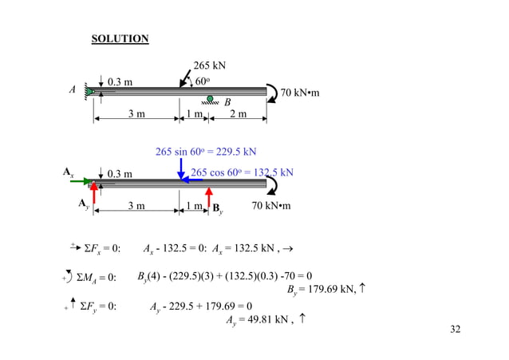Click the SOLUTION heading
[120, 38]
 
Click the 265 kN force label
[211, 66]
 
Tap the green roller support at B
[210, 99]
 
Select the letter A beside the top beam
[72, 90]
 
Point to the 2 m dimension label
[237, 115]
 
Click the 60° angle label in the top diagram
[203, 81]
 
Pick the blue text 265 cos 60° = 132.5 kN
[243, 172]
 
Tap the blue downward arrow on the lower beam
[180, 168]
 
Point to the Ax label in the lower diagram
[68, 171]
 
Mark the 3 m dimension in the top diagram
[136, 115]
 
